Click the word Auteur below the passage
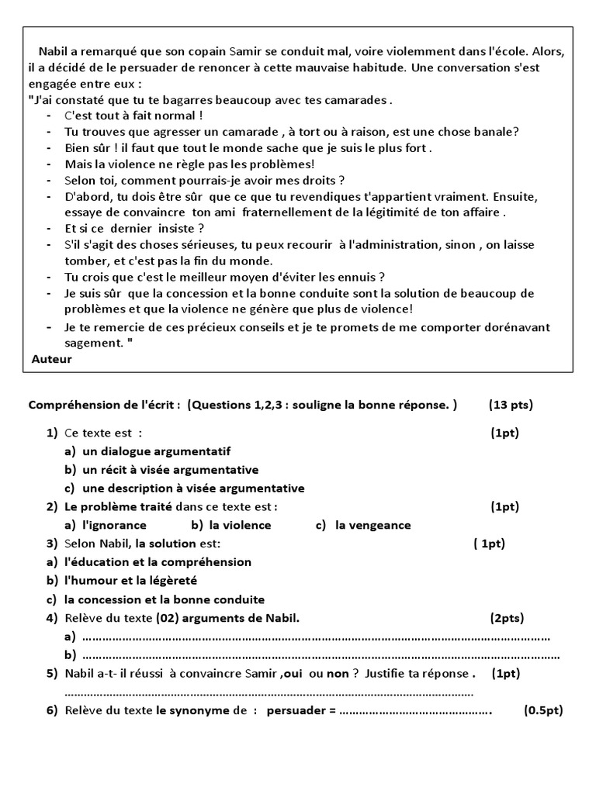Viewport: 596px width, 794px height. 52,359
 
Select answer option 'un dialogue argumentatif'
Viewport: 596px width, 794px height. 155,451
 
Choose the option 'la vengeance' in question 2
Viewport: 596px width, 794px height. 372,526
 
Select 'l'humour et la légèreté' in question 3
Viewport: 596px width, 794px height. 130,581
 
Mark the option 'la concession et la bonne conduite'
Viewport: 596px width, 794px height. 164,599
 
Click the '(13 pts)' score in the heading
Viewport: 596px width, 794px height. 511,405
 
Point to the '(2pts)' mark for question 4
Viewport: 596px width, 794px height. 507,618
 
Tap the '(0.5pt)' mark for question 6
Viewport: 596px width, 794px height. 543,710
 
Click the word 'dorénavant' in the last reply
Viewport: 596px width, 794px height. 515,327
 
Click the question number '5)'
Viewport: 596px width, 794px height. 52,674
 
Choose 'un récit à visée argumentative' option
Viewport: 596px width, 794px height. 170,470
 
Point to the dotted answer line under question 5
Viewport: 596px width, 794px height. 269,692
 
